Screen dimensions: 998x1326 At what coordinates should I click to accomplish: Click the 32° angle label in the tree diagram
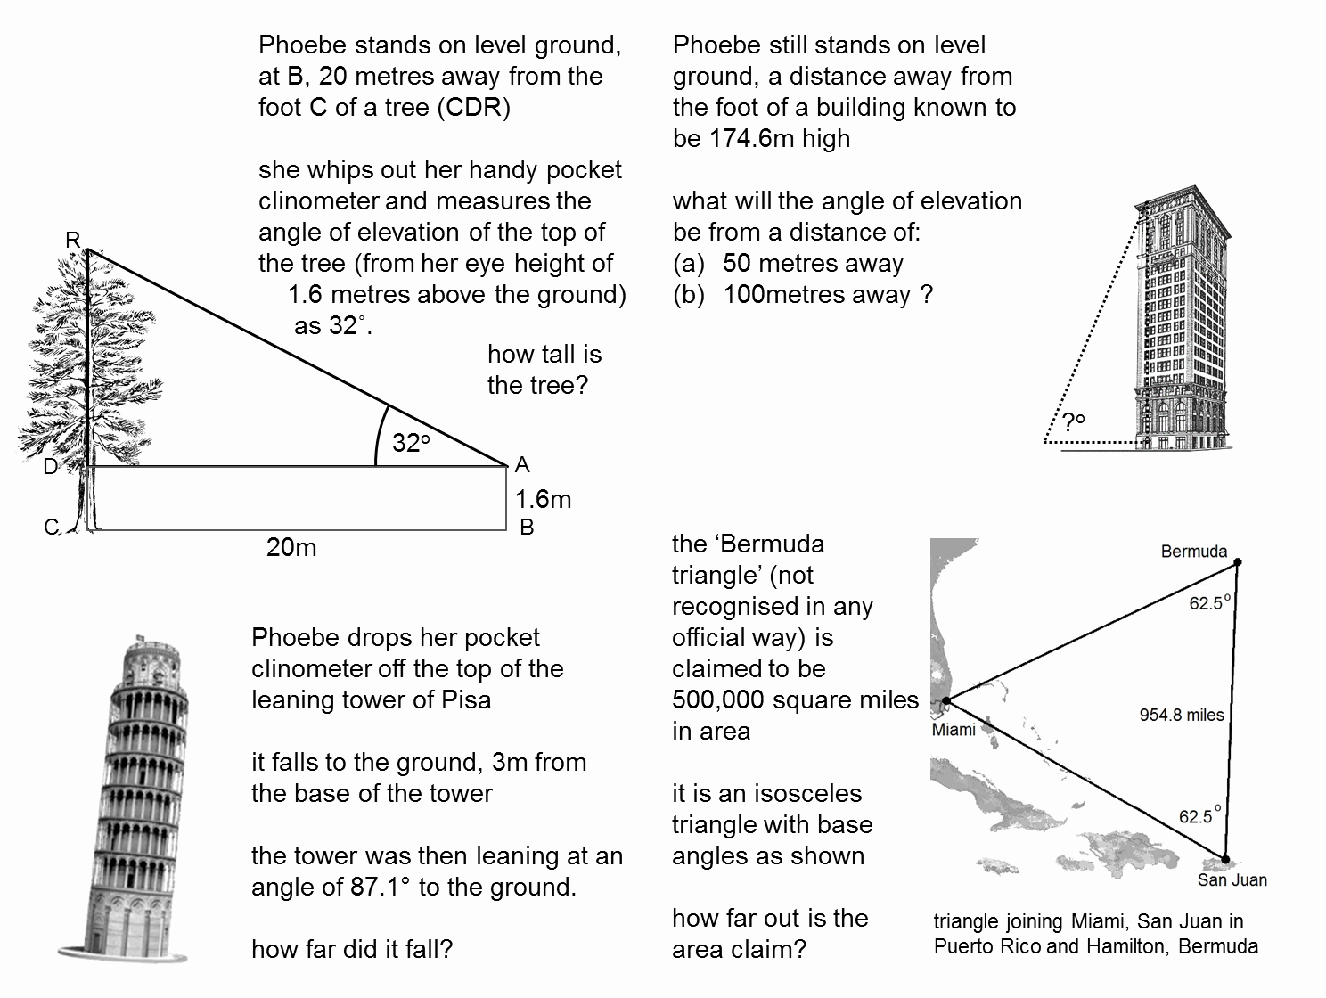tap(411, 442)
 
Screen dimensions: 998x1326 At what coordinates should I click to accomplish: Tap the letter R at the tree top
tap(73, 240)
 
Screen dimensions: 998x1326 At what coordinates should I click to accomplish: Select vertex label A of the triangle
tap(523, 464)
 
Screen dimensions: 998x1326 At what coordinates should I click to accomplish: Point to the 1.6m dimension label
tap(543, 499)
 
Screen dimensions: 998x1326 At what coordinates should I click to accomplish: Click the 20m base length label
tap(291, 547)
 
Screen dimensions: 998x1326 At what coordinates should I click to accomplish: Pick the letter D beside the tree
tap(51, 466)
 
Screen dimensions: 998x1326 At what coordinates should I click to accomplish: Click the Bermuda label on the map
tap(1193, 552)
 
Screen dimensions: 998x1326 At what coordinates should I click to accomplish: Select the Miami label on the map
tap(954, 730)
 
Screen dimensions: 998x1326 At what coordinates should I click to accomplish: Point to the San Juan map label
tap(1232, 880)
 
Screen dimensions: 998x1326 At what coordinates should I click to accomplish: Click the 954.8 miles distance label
tap(1182, 715)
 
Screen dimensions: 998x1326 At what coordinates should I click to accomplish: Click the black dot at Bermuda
tap(1237, 562)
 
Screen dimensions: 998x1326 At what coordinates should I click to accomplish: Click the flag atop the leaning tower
tap(138, 637)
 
